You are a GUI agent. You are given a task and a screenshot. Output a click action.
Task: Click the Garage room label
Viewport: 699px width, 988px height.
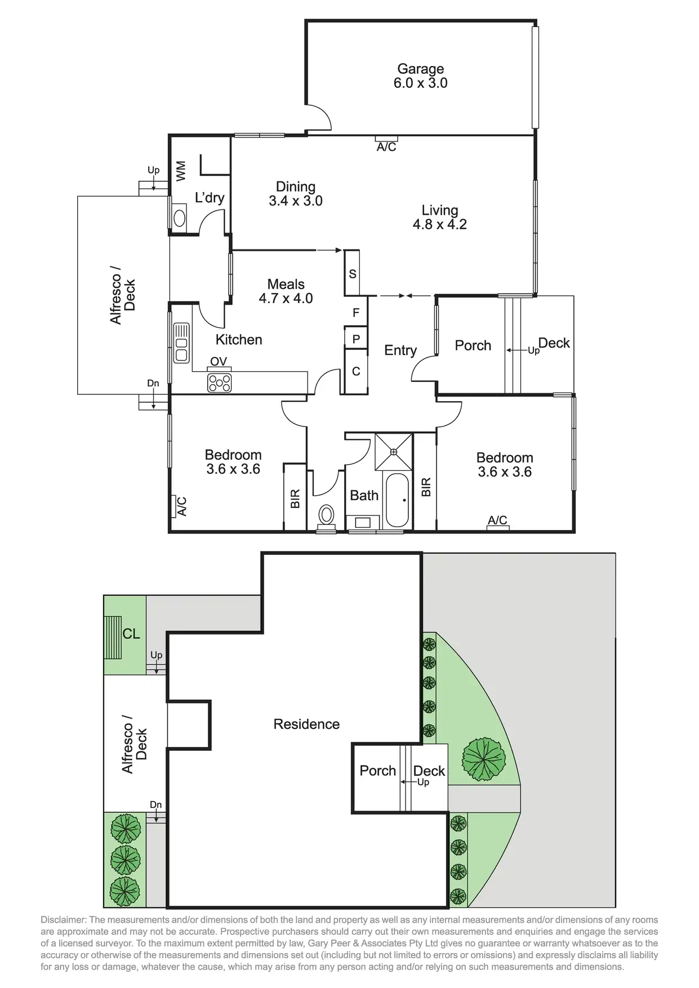click(420, 69)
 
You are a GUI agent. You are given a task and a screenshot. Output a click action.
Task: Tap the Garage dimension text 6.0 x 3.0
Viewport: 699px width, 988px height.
click(420, 83)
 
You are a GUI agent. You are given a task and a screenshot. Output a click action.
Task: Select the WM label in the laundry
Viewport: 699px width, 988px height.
click(181, 171)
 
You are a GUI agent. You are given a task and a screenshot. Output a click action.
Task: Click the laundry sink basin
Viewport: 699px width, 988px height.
click(180, 218)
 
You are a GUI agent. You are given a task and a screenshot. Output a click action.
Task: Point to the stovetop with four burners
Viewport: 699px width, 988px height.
click(219, 382)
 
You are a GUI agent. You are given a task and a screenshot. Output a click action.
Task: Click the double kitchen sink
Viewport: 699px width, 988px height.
click(181, 342)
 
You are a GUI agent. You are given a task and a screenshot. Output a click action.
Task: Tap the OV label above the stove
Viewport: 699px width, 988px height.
click(219, 362)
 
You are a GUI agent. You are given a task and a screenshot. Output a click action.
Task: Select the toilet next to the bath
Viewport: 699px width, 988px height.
click(326, 515)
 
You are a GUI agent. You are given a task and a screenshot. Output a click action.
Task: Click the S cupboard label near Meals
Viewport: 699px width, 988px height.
click(353, 274)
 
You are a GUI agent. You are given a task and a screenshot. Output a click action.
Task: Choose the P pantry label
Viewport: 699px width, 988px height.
click(356, 339)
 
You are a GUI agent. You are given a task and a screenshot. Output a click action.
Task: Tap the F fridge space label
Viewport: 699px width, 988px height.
click(356, 313)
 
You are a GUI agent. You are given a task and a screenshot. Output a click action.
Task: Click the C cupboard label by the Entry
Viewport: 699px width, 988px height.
click(356, 371)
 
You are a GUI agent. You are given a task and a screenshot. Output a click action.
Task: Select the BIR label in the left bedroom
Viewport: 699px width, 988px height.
click(295, 499)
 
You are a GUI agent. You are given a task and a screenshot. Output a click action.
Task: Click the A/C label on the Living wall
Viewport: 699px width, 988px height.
click(386, 147)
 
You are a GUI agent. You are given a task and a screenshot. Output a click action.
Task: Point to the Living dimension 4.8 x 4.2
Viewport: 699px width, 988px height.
click(439, 224)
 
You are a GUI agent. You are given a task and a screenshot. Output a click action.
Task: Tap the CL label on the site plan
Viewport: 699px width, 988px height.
click(131, 634)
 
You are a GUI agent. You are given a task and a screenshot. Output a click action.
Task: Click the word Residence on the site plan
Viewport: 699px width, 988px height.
click(306, 724)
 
